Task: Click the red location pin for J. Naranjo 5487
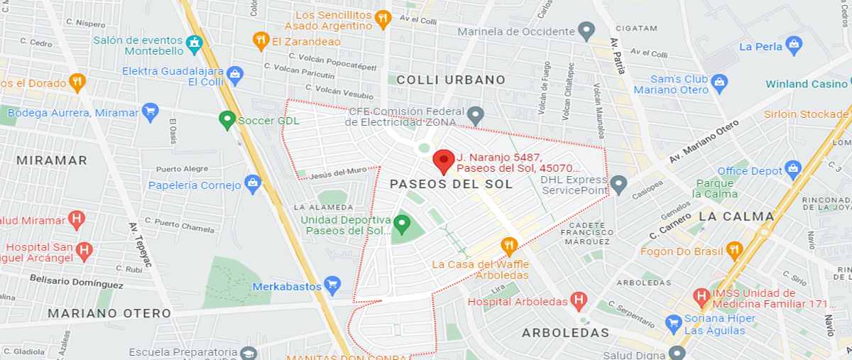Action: [444, 160]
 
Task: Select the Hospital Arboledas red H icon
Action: [579, 301]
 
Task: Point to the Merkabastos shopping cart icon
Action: [332, 285]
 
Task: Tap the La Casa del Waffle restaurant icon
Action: [508, 246]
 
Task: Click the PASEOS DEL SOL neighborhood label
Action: [451, 185]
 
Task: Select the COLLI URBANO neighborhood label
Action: [451, 80]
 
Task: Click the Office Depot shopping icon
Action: [793, 170]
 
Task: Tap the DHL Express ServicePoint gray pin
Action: [618, 185]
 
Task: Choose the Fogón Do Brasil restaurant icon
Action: [734, 250]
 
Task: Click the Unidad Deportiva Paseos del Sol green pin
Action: [403, 224]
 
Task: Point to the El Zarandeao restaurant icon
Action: [261, 40]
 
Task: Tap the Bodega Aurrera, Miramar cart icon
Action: [149, 111]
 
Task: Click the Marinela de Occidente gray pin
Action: [586, 31]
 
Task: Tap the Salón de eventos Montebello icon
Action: [193, 44]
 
